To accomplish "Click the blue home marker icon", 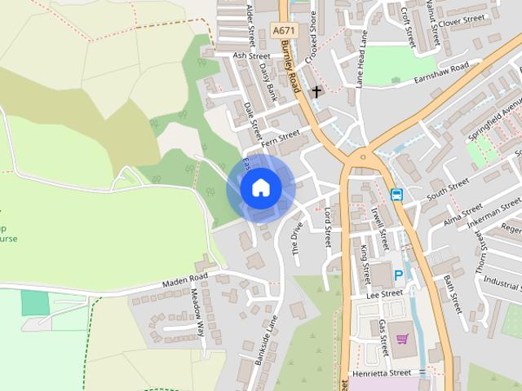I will click(260, 188).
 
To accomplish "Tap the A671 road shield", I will click(283, 30).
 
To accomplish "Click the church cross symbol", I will click(316, 91).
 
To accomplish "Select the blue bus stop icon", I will click(396, 194).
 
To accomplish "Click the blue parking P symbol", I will click(399, 275).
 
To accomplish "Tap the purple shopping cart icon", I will click(400, 338).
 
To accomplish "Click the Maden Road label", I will click(184, 279).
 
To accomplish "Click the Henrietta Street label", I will click(387, 372).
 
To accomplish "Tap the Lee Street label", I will click(385, 293).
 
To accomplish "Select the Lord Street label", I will click(328, 226).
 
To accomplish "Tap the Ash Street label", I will click(250, 55).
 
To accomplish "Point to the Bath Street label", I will click(453, 293).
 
